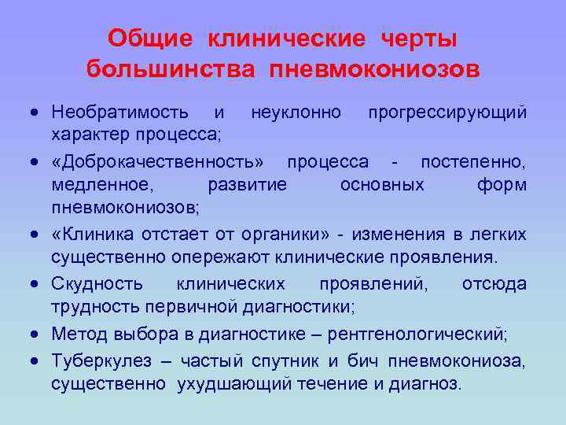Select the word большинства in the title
click(171, 69)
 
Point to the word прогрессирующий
click(447, 113)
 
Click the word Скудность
click(97, 284)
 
